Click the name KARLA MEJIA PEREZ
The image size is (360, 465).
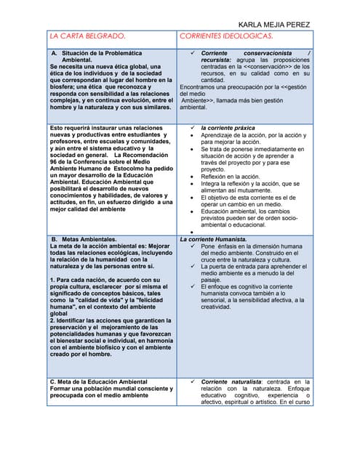click(275, 24)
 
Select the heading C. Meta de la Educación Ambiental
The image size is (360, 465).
click(98, 381)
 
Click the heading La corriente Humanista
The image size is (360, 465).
click(214, 238)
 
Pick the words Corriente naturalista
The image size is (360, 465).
click(232, 381)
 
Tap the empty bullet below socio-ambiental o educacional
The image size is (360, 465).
click(191, 232)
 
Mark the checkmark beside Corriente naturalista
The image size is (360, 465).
click(191, 381)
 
